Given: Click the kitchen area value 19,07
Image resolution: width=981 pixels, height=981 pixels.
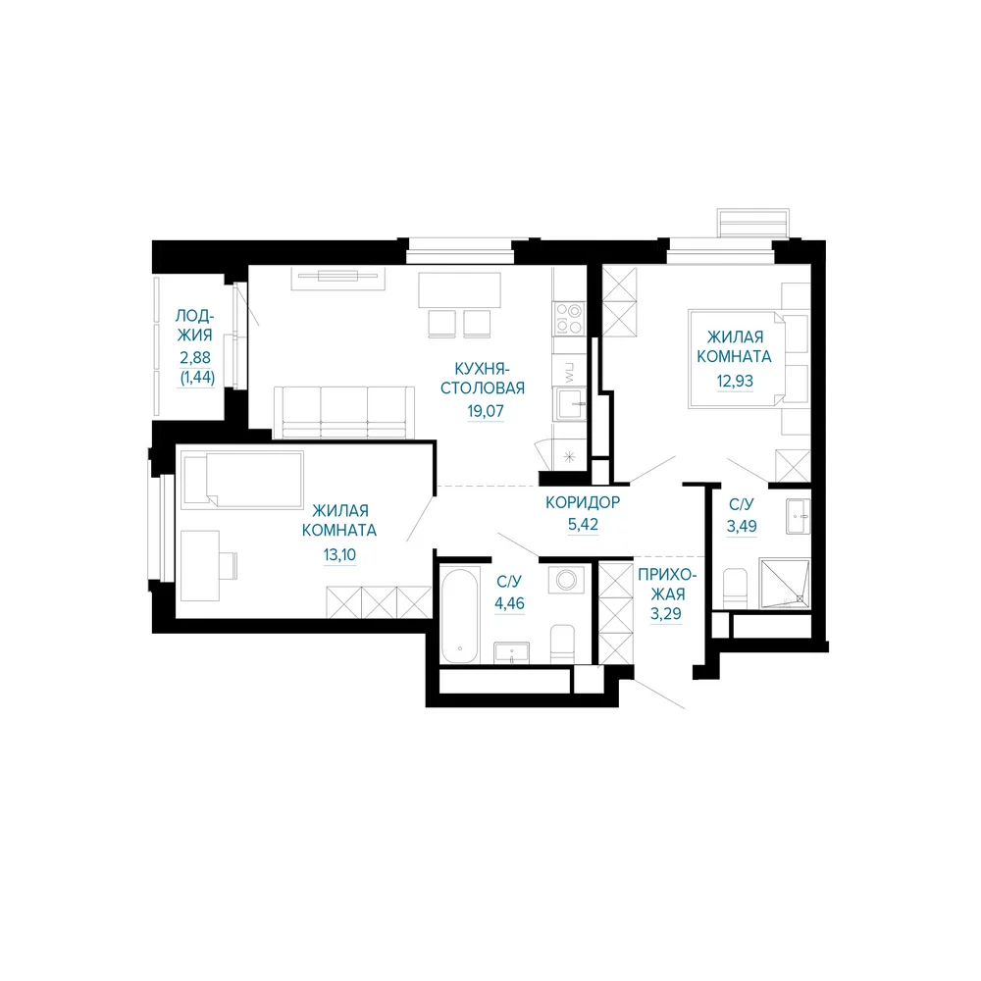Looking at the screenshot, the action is tap(486, 411).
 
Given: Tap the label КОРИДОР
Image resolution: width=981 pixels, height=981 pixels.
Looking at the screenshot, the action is tap(583, 501).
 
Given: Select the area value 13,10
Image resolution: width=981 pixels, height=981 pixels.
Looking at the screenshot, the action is tap(339, 554).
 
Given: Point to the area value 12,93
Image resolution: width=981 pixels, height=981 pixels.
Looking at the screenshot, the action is tap(735, 381).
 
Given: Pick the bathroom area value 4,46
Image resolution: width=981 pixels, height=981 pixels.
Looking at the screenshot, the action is tap(509, 603).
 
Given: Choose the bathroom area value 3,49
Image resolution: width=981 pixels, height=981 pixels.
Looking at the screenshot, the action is tap(742, 526).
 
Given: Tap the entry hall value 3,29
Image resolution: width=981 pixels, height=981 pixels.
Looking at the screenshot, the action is tap(666, 614).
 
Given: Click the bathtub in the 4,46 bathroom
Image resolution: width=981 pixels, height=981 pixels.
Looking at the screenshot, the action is tap(460, 615).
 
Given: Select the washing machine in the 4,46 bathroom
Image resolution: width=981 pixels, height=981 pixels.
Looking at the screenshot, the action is tap(566, 580).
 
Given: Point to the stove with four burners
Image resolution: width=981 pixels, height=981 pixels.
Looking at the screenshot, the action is tap(569, 319).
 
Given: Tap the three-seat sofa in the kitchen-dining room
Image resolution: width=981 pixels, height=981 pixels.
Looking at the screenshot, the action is tap(344, 412).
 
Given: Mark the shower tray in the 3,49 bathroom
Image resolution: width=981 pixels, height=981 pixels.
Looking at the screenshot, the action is tap(785, 584).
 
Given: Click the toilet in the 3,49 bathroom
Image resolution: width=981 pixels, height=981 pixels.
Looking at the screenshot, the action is tap(735, 588).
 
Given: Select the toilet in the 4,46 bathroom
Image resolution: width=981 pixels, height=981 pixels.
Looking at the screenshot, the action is tap(562, 644).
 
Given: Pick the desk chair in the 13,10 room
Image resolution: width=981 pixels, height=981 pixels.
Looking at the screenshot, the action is tap(229, 566).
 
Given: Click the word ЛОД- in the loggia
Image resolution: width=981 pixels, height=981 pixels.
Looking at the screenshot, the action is tap(194, 315).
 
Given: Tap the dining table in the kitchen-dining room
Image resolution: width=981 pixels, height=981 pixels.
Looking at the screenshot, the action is tap(459, 289).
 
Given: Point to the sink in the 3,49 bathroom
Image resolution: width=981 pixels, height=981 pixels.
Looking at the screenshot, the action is tap(798, 516).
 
